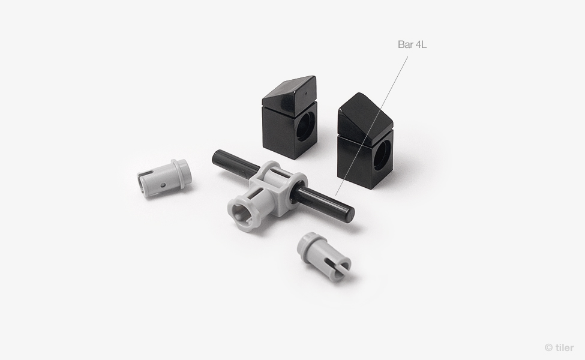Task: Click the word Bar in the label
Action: (405, 44)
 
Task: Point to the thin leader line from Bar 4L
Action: (371, 126)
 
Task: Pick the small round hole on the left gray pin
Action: (163, 185)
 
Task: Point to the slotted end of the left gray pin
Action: (143, 182)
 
